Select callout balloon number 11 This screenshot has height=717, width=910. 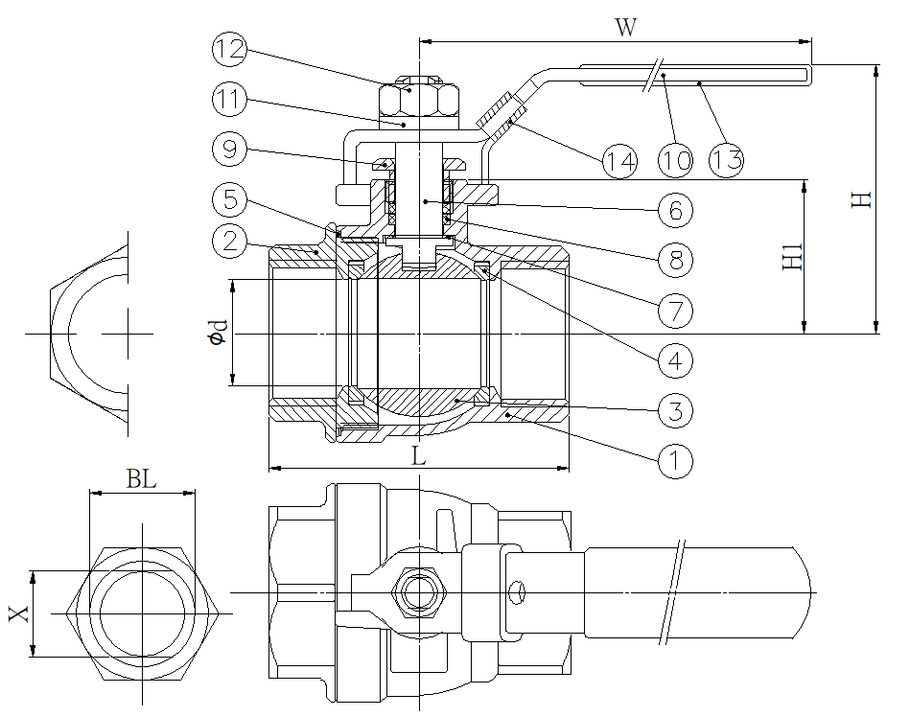[230, 99]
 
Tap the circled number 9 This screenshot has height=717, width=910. [230, 150]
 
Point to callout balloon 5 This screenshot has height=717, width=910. [230, 200]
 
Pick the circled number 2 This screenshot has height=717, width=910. [230, 240]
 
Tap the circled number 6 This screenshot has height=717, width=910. [675, 210]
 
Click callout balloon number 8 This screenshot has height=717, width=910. [675, 260]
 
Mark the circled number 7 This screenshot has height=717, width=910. [675, 310]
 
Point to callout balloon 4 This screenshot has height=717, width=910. [675, 360]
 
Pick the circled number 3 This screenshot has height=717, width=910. [675, 411]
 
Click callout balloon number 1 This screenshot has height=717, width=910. [675, 461]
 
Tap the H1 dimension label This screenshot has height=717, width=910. [792, 257]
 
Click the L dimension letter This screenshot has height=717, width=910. [418, 457]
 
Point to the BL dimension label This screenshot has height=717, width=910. [141, 479]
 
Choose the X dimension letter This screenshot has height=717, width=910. [18, 613]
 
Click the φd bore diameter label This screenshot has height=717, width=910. [220, 332]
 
